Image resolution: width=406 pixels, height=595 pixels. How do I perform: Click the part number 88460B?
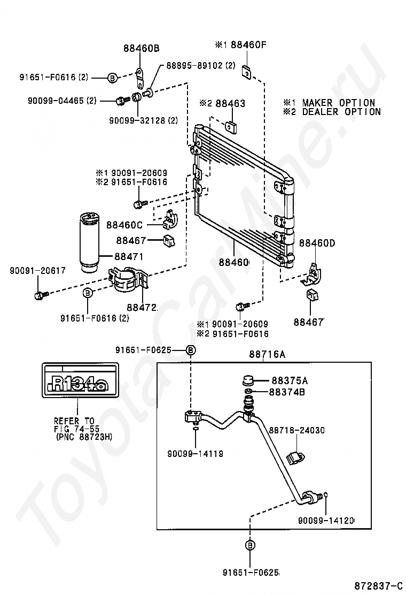pyautogui.click(x=141, y=48)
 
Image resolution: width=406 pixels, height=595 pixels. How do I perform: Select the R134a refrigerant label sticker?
pyautogui.click(x=80, y=380)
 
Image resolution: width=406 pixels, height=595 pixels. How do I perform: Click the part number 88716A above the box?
pyautogui.click(x=267, y=354)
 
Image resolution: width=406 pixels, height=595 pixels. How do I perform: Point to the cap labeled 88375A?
pyautogui.click(x=248, y=380)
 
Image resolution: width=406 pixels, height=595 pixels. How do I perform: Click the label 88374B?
pyautogui.click(x=287, y=392)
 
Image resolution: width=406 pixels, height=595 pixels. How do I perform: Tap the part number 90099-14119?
pyautogui.click(x=196, y=453)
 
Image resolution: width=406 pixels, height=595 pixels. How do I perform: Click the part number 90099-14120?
pyautogui.click(x=326, y=521)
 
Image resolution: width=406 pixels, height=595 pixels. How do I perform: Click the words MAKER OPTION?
pyautogui.click(x=339, y=103)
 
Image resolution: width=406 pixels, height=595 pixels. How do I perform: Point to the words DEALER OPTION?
pyautogui.click(x=341, y=112)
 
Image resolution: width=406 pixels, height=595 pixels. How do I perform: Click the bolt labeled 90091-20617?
pyautogui.click(x=41, y=294)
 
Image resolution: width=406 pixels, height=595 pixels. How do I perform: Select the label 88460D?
pyautogui.click(x=317, y=243)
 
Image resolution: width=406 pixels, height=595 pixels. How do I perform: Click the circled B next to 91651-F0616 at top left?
pyautogui.click(x=113, y=78)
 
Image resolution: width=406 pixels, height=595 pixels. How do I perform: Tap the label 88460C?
pyautogui.click(x=124, y=225)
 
